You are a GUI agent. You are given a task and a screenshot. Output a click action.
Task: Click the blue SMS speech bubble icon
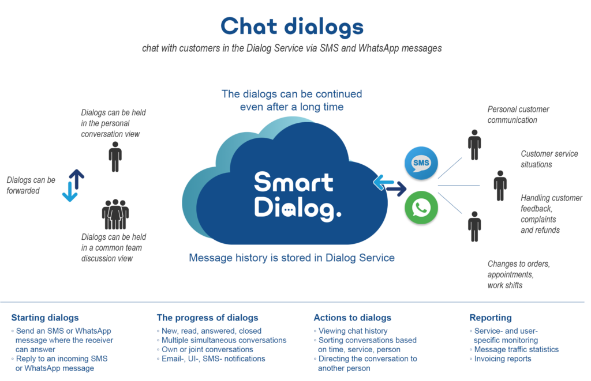click(x=421, y=163)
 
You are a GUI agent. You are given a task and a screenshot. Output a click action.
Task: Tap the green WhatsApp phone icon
click(x=421, y=208)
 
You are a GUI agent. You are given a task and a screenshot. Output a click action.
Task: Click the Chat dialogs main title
click(x=292, y=27)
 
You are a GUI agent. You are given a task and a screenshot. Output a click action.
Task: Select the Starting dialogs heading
click(x=45, y=318)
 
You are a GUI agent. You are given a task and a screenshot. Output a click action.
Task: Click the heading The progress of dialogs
click(x=207, y=318)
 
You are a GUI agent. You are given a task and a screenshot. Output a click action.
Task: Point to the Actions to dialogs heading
click(x=353, y=318)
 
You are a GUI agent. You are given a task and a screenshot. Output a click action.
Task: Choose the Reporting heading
click(x=491, y=318)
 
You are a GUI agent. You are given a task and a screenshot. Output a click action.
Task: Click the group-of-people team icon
click(x=115, y=214)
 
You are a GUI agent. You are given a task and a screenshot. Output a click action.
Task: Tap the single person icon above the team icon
click(x=115, y=157)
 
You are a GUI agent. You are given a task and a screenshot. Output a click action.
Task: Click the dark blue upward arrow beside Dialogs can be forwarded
click(x=77, y=179)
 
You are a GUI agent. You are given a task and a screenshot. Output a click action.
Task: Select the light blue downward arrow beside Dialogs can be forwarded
click(x=70, y=191)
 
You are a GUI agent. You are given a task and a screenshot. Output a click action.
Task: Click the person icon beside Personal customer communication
click(x=474, y=145)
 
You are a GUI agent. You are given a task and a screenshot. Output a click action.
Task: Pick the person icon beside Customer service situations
click(x=500, y=186)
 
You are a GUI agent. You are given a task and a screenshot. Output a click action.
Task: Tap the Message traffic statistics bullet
click(x=514, y=349)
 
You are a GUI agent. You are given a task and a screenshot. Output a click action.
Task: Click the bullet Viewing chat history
click(x=350, y=331)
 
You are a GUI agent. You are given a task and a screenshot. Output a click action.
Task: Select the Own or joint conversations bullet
click(x=205, y=349)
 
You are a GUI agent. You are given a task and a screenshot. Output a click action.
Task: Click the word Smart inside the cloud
click(x=294, y=183)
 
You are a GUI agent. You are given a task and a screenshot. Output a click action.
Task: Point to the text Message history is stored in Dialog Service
click(x=291, y=258)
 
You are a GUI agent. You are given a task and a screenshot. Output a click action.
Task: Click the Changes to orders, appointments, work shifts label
click(x=519, y=274)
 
